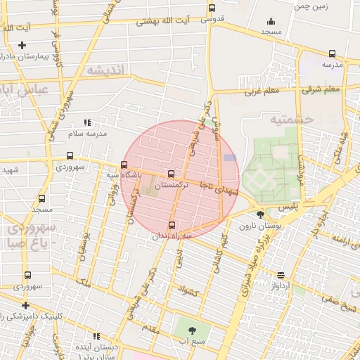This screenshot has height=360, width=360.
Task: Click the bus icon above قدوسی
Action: pyautogui.click(x=212, y=9)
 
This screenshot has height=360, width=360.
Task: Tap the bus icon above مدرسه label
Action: pyautogui.click(x=332, y=53)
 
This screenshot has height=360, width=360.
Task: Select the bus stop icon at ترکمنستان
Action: pyautogui.click(x=172, y=174)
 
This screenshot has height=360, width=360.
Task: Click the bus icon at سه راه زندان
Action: pyautogui.click(x=172, y=225)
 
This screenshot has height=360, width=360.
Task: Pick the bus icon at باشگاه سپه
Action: pyautogui.click(x=124, y=165)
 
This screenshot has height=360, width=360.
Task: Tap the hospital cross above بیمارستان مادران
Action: pyautogui.click(x=22, y=46)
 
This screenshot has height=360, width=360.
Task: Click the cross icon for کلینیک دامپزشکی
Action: pyautogui.click(x=26, y=305)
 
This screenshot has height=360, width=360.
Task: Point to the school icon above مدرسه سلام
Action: pyautogui.click(x=87, y=122)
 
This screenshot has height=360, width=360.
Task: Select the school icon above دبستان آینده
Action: pyautogui.click(x=96, y=337)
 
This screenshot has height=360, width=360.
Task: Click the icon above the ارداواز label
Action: pyautogui.click(x=281, y=275)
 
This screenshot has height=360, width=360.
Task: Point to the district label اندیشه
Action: pyautogui.click(x=105, y=70)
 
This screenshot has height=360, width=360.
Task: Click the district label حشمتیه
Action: pyautogui.click(x=294, y=120)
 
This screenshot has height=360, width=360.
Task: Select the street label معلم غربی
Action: pyautogui.click(x=262, y=91)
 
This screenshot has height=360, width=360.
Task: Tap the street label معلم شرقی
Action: pyautogui.click(x=322, y=89)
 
